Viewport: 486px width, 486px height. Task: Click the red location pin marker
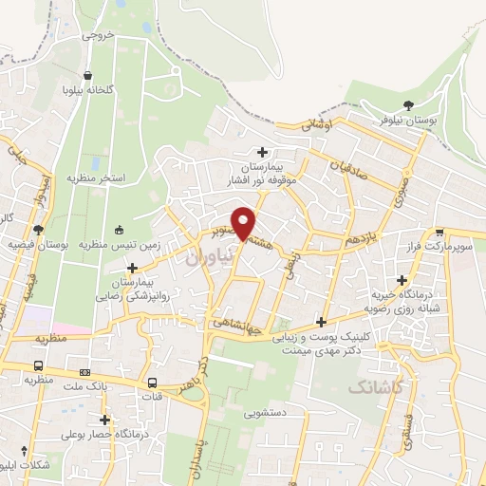[x=244, y=221]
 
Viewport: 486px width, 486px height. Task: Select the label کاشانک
[x=375, y=386]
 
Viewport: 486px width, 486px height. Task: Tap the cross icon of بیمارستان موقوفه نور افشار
[x=263, y=152]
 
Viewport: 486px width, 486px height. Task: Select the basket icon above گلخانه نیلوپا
[x=87, y=76]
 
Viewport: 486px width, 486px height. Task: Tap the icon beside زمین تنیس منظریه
[x=119, y=229]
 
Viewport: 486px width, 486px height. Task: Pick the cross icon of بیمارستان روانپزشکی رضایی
[x=132, y=269]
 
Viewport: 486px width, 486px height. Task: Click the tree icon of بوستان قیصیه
[x=38, y=229]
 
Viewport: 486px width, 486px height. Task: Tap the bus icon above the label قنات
[x=153, y=383]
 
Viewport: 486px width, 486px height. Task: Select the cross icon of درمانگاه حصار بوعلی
[x=104, y=420]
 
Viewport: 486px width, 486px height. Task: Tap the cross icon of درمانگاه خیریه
[x=403, y=280]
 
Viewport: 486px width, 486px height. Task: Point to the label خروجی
[x=97, y=35]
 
